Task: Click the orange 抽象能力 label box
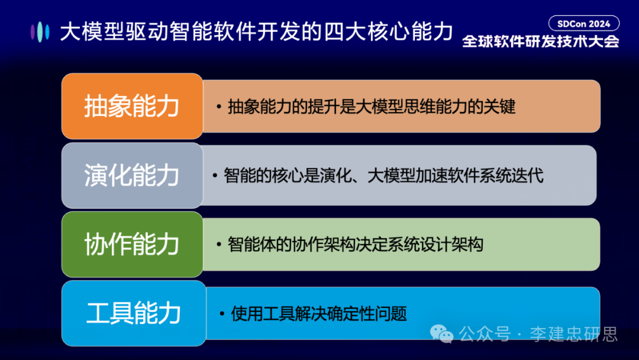(132, 107)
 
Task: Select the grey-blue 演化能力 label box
(132, 176)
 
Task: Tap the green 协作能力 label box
(132, 245)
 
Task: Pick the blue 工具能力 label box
(134, 313)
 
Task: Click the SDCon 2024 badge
(584, 24)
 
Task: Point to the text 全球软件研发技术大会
(540, 41)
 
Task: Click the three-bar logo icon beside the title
(40, 31)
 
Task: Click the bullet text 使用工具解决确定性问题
(319, 313)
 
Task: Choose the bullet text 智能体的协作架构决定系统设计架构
(356, 245)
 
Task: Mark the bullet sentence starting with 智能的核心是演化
(383, 176)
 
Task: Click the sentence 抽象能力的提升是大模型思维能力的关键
(372, 107)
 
